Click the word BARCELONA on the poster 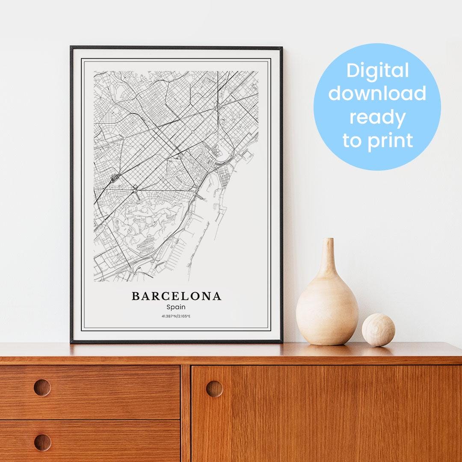coord(176,296)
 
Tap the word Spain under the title coord(176,307)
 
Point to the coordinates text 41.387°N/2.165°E coord(176,316)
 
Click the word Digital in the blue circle coord(378,71)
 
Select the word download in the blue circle coord(377,94)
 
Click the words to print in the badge coord(378,140)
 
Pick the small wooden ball coord(378,330)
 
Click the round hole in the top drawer coord(42,388)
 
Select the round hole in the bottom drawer coord(42,442)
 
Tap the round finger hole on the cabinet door coord(214,388)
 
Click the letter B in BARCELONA coord(136,296)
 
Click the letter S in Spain coord(169,307)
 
